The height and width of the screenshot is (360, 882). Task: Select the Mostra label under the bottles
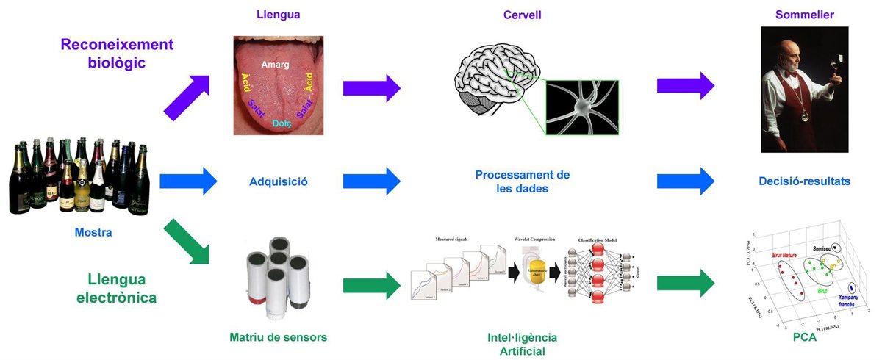pyautogui.click(x=93, y=233)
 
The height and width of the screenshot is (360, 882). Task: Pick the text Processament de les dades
pyautogui.click(x=522, y=181)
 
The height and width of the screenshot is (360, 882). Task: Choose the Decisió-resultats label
pyautogui.click(x=805, y=181)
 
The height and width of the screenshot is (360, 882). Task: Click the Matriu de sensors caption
pyautogui.click(x=278, y=337)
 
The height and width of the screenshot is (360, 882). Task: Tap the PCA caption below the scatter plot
pyautogui.click(x=805, y=337)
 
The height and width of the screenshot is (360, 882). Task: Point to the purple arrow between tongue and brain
pyautogui.click(x=372, y=88)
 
